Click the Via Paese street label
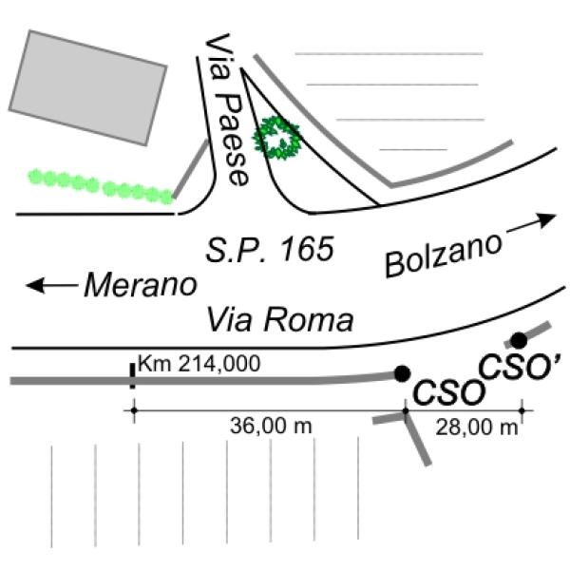229,113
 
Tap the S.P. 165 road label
271,251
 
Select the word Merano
141,284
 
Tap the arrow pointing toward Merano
50,284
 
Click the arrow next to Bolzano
532,223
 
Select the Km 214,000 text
199,363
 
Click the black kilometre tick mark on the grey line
131,375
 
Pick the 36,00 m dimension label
271,427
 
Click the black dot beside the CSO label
402,373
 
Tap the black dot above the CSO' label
519,340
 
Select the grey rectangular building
85,86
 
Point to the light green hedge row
101,185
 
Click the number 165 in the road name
308,251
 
